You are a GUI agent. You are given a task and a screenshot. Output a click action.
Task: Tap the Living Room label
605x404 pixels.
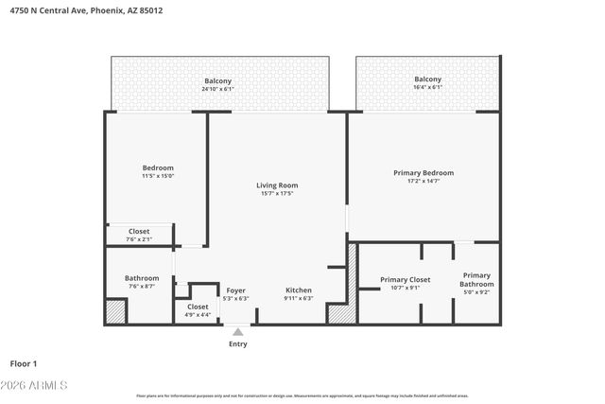[277, 185]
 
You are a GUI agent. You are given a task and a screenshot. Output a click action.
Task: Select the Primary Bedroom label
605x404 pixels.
[423, 173]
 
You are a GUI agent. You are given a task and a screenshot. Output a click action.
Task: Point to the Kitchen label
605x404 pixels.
[299, 290]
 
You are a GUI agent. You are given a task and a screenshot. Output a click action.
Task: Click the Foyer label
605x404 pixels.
[235, 290]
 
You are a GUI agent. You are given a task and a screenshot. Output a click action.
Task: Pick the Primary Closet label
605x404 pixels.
[406, 279]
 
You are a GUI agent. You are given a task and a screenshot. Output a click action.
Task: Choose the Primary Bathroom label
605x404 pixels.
[476, 279]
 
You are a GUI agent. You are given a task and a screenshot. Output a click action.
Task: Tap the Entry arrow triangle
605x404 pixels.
[238, 331]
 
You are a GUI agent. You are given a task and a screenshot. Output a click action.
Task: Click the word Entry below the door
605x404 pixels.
[238, 343]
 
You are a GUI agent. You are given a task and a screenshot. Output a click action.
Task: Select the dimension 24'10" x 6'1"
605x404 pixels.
[218, 89]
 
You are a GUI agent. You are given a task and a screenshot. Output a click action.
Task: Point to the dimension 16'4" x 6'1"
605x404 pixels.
[428, 87]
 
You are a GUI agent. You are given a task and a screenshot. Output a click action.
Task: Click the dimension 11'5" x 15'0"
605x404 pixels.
[158, 176]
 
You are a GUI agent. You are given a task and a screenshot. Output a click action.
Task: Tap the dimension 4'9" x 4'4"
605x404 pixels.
[198, 315]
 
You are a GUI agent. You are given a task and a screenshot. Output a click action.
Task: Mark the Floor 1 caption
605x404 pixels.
[23, 363]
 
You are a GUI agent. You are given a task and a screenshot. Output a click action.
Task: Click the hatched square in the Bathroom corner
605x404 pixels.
[115, 311]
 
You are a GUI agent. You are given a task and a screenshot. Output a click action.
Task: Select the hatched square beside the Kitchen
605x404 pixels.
[341, 312]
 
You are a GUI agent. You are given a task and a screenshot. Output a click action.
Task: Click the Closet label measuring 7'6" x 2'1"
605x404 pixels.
[139, 231]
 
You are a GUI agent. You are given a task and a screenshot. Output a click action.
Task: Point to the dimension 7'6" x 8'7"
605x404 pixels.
[142, 286]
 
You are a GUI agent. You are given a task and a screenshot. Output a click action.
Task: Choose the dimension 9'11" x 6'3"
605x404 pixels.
[299, 298]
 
